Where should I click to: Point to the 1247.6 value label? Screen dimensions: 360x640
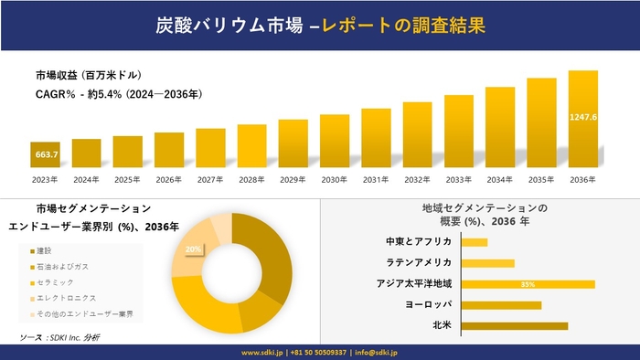pyautogui.click(x=582, y=117)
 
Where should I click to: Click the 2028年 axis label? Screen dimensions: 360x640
pyautogui.click(x=251, y=179)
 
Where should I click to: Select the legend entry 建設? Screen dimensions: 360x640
pyautogui.click(x=46, y=250)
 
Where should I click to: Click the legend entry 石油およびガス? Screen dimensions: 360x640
pyautogui.click(x=62, y=266)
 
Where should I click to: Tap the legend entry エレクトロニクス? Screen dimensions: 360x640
pyautogui.click(x=65, y=298)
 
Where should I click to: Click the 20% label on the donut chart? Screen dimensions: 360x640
pyautogui.click(x=193, y=249)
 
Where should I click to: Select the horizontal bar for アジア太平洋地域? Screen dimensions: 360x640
pyautogui.click(x=528, y=284)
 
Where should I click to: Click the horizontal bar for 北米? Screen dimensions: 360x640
pyautogui.click(x=515, y=325)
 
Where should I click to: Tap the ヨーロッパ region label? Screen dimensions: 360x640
pyautogui.click(x=428, y=304)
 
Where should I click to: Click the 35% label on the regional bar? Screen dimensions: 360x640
pyautogui.click(x=528, y=284)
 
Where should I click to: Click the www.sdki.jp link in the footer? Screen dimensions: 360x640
pyautogui.click(x=261, y=352)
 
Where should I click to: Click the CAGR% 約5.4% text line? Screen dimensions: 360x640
pyautogui.click(x=119, y=93)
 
